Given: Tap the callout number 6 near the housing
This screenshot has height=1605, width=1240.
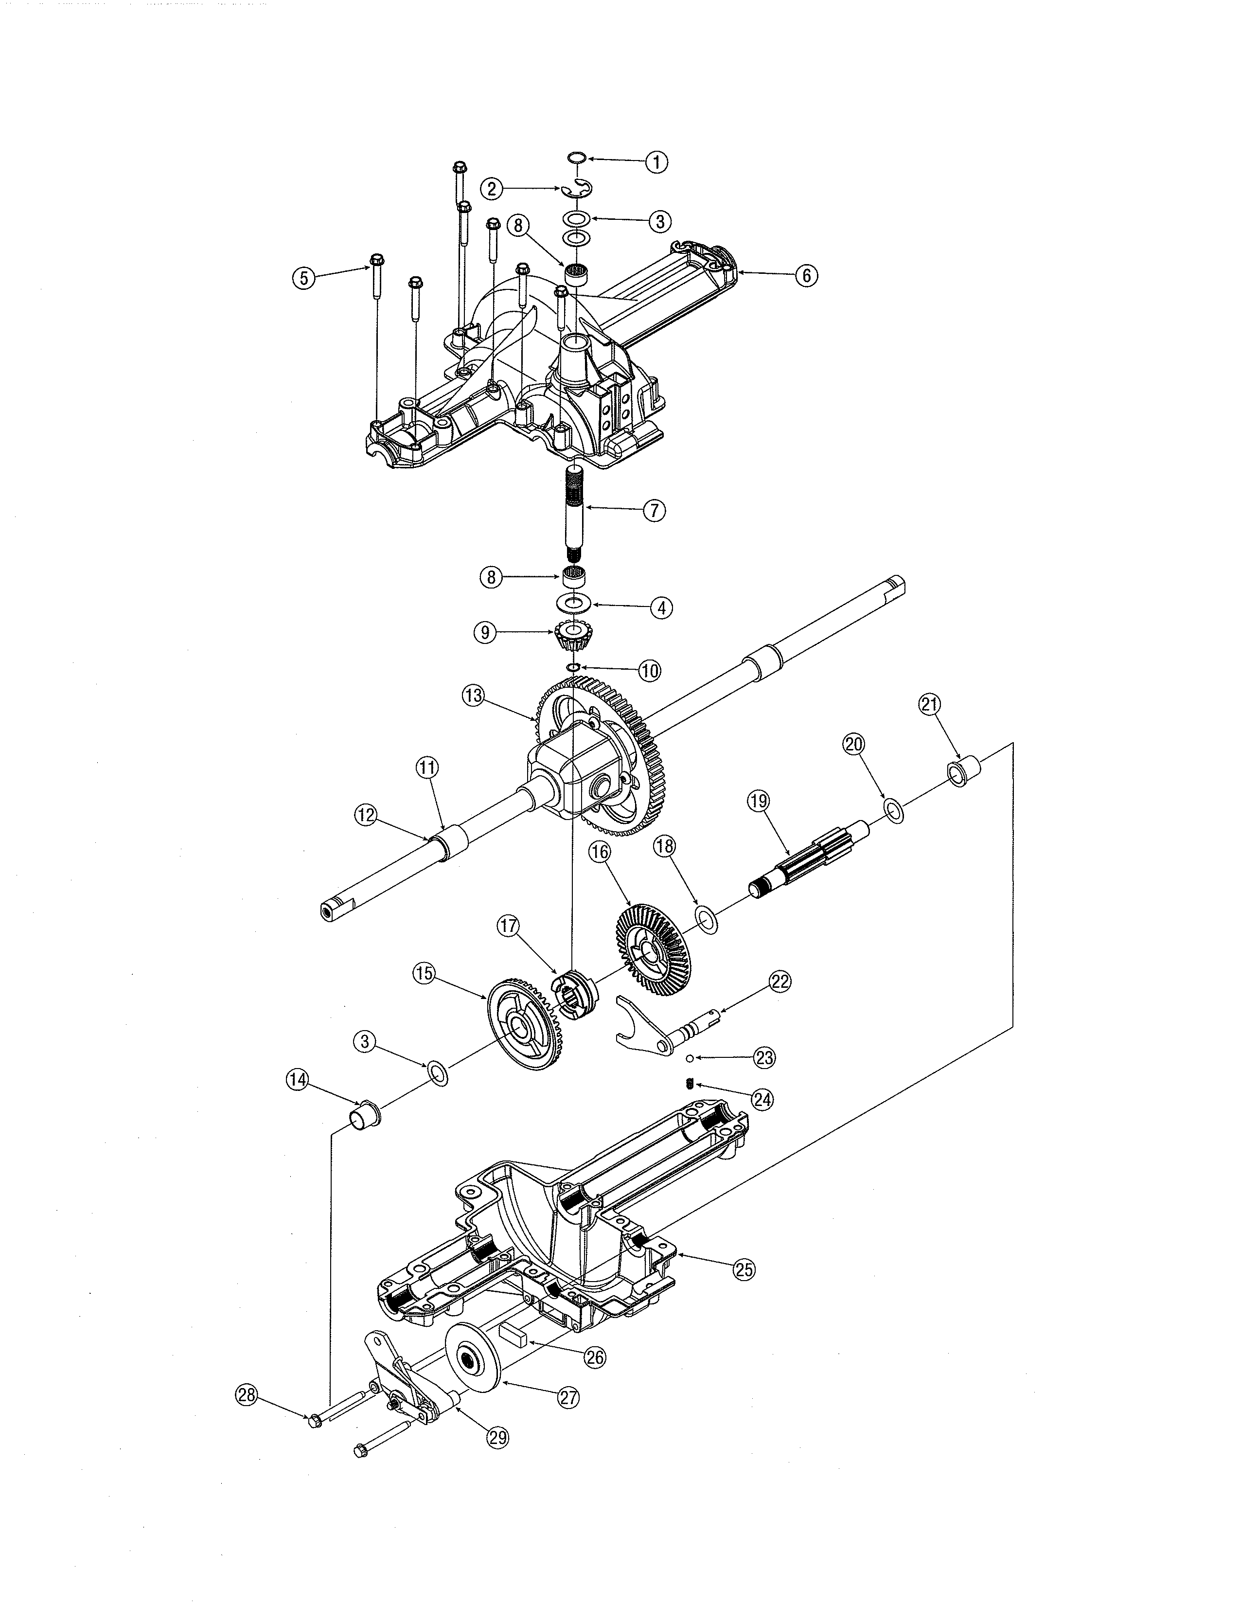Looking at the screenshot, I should [806, 276].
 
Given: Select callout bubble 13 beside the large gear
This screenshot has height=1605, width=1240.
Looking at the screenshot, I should [474, 695].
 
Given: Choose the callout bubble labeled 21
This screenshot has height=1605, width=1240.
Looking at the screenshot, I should [929, 705].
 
